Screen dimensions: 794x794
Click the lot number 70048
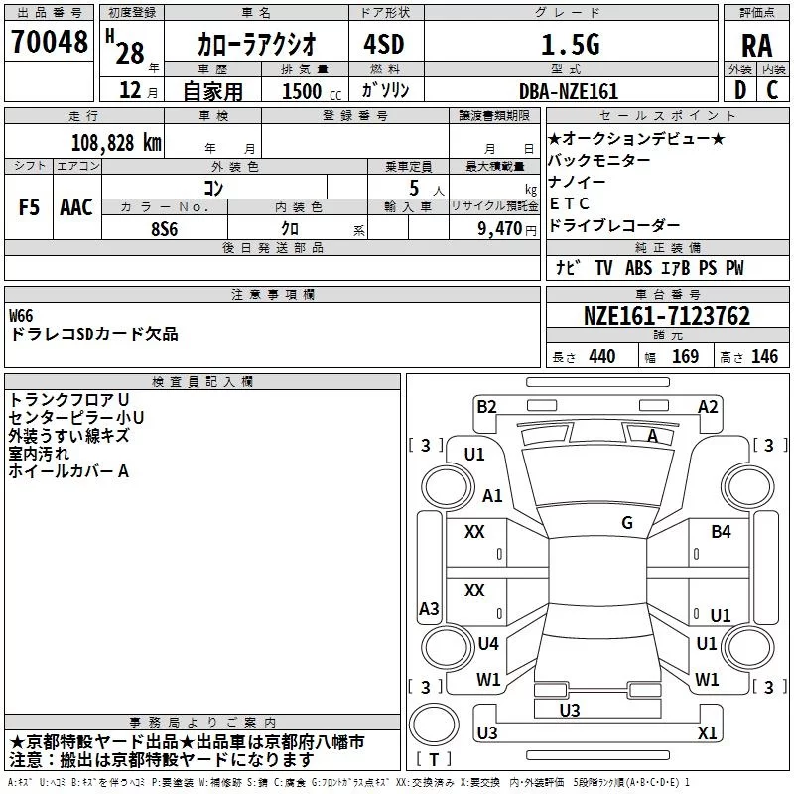(49, 41)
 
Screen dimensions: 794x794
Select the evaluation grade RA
(757, 46)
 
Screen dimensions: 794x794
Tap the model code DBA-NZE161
(569, 91)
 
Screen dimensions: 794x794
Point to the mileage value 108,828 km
(116, 143)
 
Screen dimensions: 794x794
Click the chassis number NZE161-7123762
(666, 316)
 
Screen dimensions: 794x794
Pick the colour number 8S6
(165, 229)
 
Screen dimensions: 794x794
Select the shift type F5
(29, 207)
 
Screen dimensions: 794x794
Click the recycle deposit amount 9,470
(499, 229)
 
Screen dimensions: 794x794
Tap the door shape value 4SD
(384, 44)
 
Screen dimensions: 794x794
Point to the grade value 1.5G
(571, 44)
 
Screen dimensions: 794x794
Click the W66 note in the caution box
(21, 316)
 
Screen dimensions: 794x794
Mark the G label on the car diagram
(627, 522)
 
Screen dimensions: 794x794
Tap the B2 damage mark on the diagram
(486, 406)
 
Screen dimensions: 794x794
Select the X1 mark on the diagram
(707, 732)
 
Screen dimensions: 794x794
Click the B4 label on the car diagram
(721, 531)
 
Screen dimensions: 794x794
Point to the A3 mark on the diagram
(429, 608)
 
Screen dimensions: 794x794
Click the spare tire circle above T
(434, 725)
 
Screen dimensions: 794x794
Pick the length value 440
(601, 356)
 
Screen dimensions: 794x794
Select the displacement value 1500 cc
(312, 91)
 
